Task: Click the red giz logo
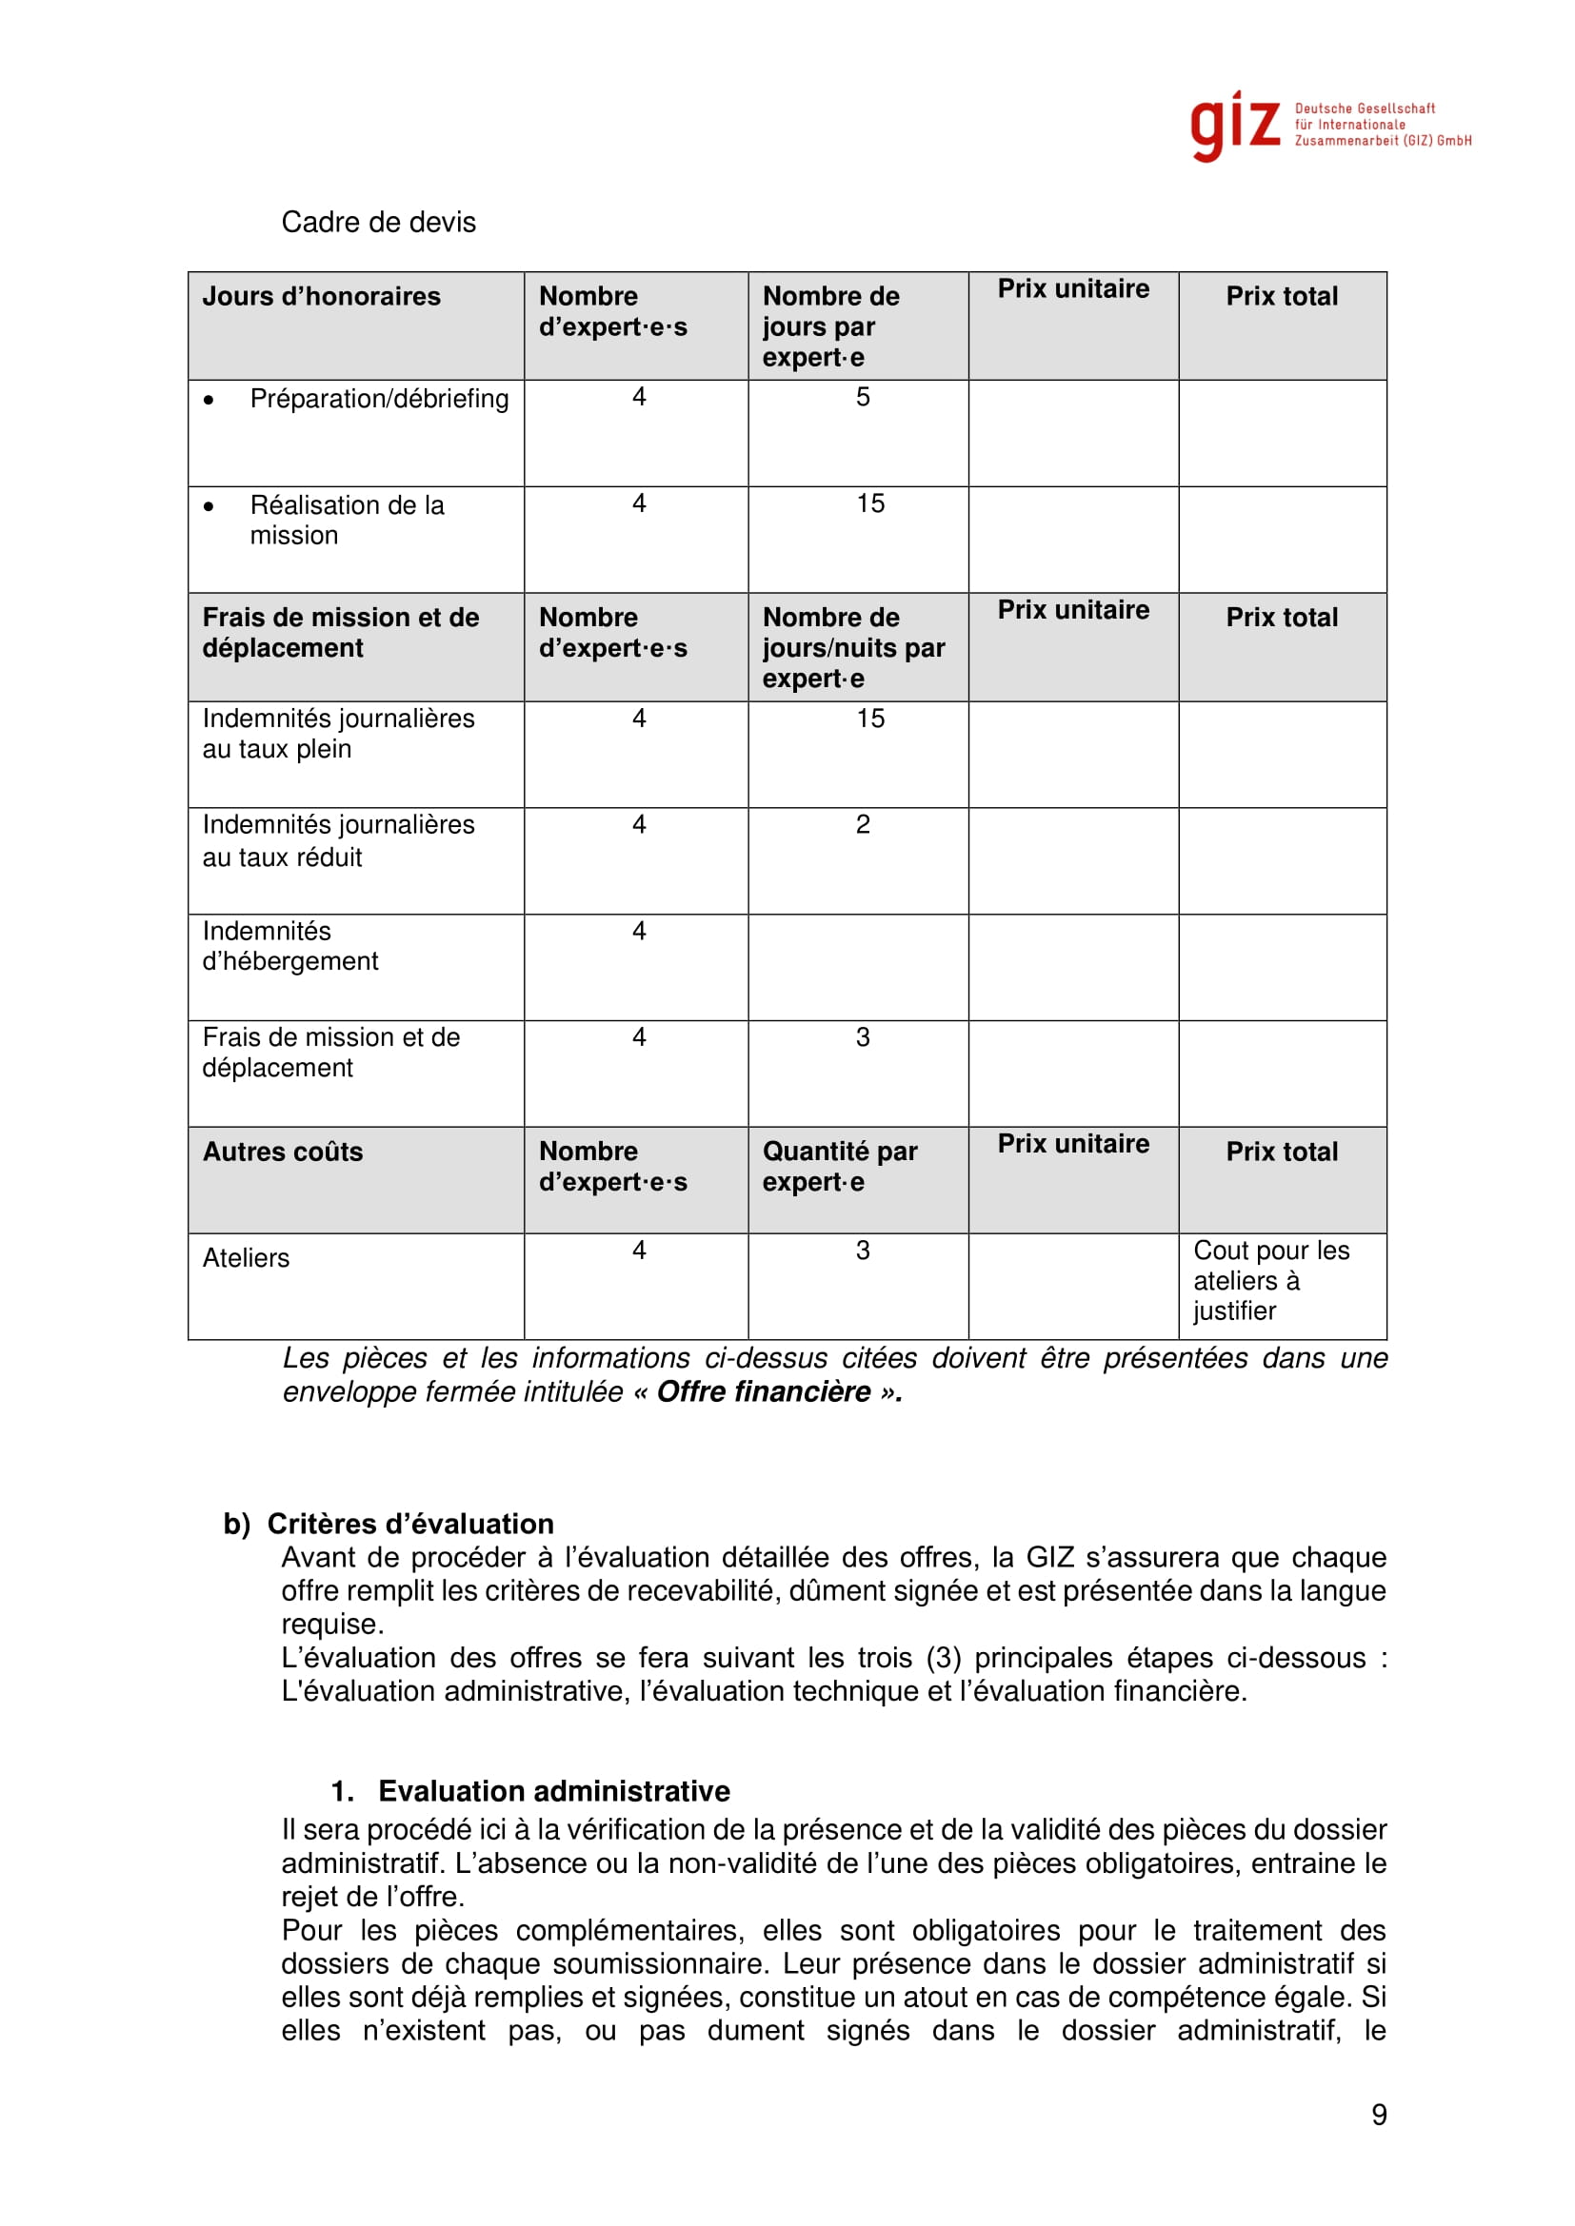point(1235,126)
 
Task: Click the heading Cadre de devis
point(378,222)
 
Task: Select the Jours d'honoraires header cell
point(321,297)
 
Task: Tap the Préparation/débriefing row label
point(378,399)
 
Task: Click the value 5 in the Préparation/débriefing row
point(862,397)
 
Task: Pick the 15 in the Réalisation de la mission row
point(870,503)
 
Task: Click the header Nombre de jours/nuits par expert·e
point(852,648)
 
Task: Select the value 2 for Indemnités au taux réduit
point(862,824)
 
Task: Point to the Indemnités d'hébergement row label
point(290,946)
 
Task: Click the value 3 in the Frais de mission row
point(862,1037)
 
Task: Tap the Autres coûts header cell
point(282,1152)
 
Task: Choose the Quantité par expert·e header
point(839,1167)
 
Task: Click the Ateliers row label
point(246,1258)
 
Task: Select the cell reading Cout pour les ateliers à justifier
point(1270,1281)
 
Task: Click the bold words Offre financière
point(764,1392)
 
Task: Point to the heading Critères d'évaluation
point(409,1524)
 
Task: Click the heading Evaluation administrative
point(553,1791)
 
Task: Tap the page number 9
point(1378,2115)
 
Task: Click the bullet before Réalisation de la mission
point(209,506)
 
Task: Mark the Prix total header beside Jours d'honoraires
point(1281,297)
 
